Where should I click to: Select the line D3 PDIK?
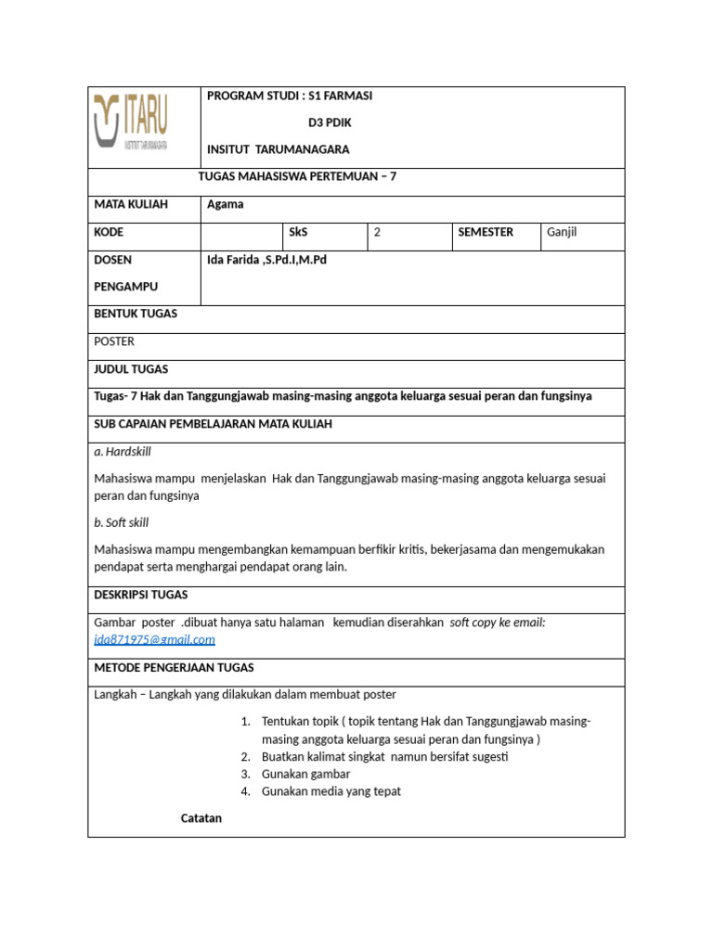pos(330,122)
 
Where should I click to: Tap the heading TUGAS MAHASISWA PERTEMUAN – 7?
pos(297,176)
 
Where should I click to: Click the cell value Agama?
pos(225,205)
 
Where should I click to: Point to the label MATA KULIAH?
pos(131,205)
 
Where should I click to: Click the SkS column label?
pos(299,232)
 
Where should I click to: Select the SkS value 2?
pos(377,233)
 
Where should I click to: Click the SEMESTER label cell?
pos(486,232)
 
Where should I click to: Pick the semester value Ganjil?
pos(562,232)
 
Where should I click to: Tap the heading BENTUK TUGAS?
pos(136,314)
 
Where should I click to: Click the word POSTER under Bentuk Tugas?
pos(114,341)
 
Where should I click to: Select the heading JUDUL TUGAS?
pos(131,369)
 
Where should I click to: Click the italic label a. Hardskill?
pos(123,452)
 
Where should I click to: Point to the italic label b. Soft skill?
pos(122,522)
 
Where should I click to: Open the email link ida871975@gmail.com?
pos(154,639)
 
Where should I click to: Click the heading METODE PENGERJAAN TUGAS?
pos(174,667)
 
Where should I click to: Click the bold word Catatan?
pos(201,818)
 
